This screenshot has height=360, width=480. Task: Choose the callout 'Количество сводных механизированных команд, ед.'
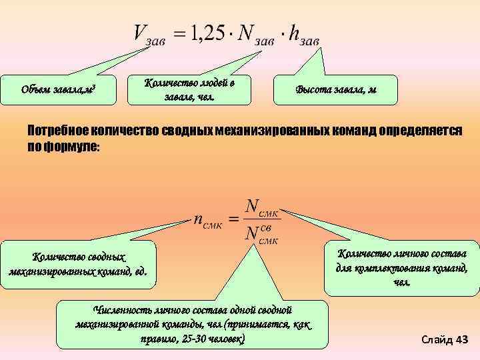78,264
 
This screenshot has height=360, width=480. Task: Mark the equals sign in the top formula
179,33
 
